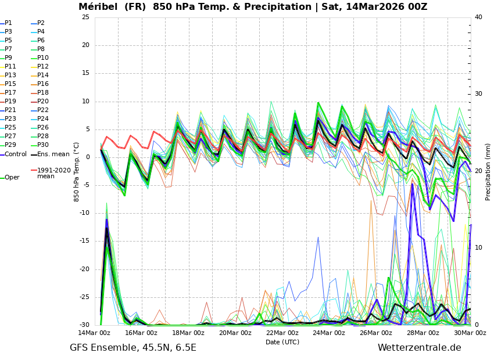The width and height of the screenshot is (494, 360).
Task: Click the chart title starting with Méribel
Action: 253,7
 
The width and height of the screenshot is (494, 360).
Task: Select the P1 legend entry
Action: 8,23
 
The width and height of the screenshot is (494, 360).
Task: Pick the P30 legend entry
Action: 42,145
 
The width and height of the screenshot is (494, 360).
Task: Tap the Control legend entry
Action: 15,154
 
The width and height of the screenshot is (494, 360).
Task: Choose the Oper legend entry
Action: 12,178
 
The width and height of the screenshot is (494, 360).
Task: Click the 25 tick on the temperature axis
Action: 85,17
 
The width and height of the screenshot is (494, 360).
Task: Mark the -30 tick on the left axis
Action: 84,325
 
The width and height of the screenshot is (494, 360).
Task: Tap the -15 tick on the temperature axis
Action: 84,241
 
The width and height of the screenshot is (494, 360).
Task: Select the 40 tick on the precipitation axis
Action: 478,17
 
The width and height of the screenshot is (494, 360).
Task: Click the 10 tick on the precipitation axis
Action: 478,248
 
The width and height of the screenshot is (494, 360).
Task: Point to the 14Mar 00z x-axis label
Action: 94,333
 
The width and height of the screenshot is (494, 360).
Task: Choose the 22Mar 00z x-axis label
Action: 282,333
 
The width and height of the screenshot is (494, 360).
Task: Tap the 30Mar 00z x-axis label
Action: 470,333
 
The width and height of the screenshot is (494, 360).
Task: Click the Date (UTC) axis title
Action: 282,342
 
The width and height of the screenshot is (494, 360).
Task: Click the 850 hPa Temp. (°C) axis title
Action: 77,171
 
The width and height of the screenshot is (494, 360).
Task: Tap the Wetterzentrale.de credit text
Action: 419,348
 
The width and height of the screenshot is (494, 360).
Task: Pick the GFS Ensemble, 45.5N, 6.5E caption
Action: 133,348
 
